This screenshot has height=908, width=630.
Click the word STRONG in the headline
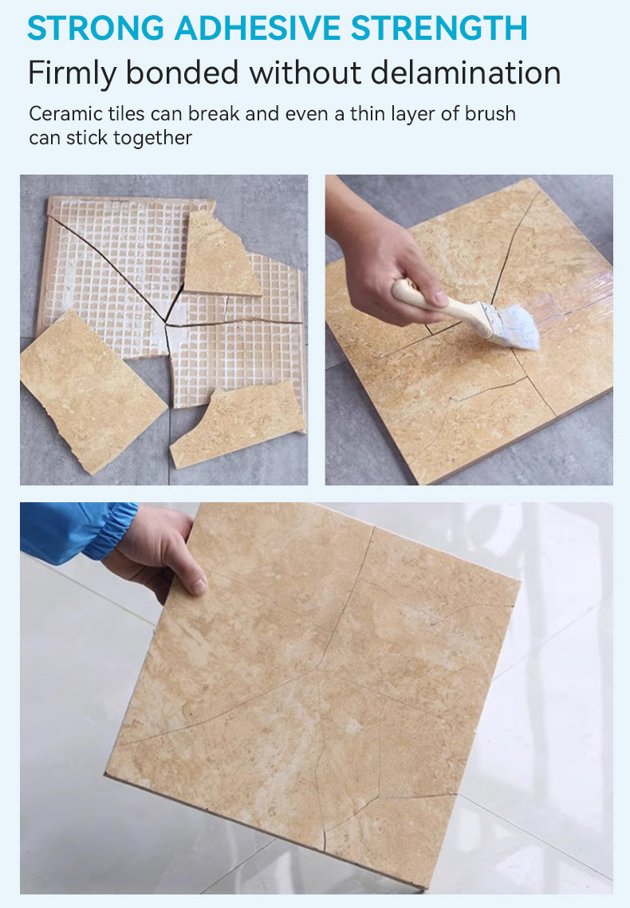[x=96, y=28]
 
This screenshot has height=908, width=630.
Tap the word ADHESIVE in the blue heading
[x=258, y=28]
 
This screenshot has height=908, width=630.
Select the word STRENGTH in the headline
[x=439, y=28]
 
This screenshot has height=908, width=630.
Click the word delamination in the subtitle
[x=466, y=73]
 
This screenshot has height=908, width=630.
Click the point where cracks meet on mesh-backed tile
[x=167, y=324]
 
